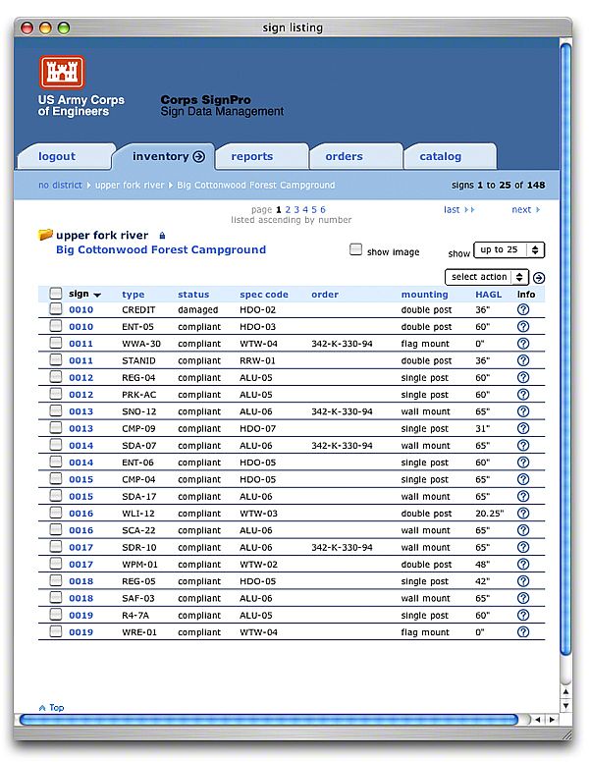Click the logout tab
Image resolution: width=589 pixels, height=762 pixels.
point(57,156)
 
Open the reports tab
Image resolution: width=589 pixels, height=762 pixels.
point(252,156)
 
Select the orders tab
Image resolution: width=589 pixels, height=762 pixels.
point(344,156)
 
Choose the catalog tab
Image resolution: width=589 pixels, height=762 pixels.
point(440,156)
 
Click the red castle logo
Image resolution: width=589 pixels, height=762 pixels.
point(63,73)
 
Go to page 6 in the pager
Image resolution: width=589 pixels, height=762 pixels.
point(322,209)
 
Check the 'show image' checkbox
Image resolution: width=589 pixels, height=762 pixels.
point(356,250)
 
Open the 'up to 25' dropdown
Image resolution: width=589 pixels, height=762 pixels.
point(509,250)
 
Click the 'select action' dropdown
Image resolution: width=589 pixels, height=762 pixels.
point(487,277)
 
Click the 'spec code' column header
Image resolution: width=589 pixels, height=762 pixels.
point(264,295)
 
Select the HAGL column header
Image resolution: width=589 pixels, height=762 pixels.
point(488,295)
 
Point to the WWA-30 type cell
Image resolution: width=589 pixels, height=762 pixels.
point(141,344)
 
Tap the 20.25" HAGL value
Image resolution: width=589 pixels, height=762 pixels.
point(488,514)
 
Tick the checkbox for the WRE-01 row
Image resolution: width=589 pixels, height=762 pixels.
point(56,632)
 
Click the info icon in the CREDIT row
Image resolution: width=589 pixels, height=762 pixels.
point(523,310)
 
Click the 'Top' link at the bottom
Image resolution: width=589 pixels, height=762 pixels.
point(52,707)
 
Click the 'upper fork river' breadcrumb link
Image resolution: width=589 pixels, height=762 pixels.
point(130,185)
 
